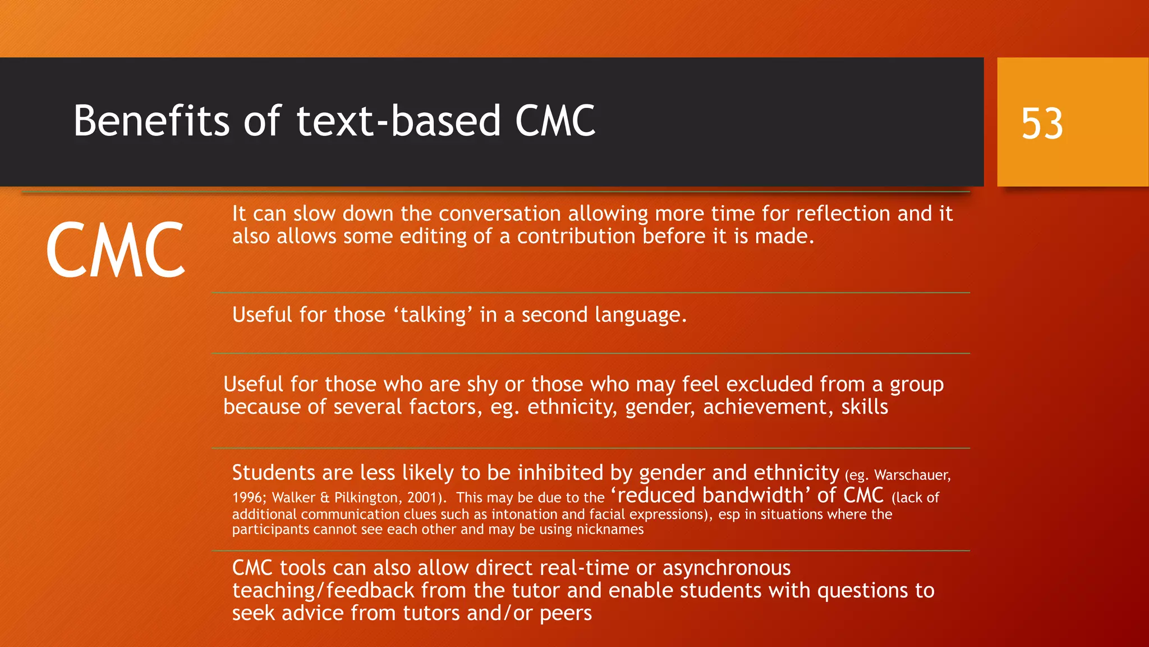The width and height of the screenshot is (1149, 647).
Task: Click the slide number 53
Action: (1042, 124)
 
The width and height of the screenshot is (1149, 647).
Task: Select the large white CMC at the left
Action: (116, 250)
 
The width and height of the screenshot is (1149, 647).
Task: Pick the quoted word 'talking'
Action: (433, 315)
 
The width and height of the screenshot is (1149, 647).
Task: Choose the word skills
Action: (865, 407)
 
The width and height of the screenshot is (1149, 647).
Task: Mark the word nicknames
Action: (610, 530)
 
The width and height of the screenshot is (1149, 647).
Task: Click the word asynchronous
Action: (727, 568)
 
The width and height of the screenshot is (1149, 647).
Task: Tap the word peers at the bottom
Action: (566, 613)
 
